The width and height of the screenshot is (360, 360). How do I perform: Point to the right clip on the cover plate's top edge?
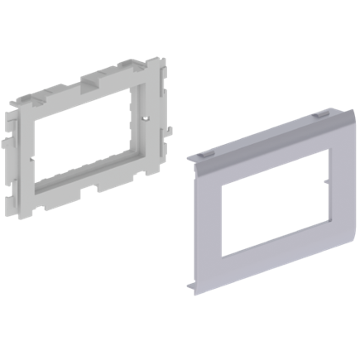(x=319, y=117)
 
